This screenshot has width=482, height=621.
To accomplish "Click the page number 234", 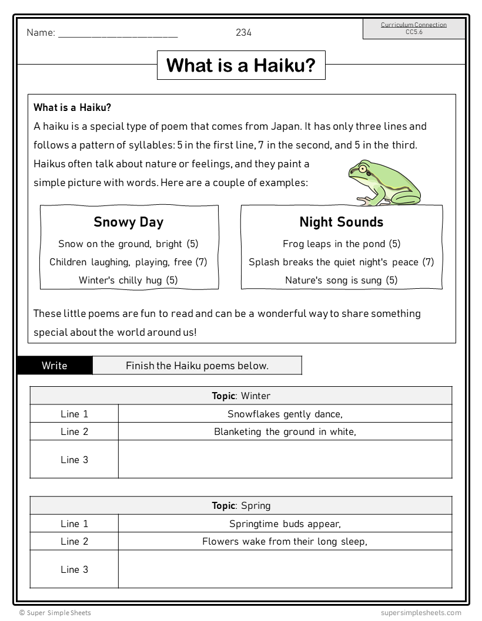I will click(x=243, y=33).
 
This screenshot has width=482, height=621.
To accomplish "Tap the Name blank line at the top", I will click(x=118, y=34).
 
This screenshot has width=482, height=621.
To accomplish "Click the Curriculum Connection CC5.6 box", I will click(x=413, y=28).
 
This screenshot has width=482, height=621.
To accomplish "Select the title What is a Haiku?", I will click(x=241, y=65).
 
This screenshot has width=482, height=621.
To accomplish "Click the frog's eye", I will click(x=363, y=170).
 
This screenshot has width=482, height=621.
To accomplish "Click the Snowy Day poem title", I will click(x=129, y=222).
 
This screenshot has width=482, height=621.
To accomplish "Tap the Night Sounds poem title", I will click(x=341, y=222).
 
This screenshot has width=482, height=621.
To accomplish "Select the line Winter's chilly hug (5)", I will click(x=128, y=280).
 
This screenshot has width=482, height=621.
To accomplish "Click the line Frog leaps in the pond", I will click(x=341, y=244).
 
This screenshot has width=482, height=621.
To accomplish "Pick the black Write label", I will click(x=55, y=366).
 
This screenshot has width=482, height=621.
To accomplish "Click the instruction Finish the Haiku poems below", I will click(x=197, y=366).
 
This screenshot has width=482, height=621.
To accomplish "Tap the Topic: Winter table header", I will click(x=241, y=396).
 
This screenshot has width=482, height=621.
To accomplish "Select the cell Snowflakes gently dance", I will click(x=285, y=414).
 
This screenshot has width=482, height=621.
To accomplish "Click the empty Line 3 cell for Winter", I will click(x=285, y=459).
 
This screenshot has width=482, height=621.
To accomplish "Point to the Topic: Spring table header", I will click(x=241, y=505).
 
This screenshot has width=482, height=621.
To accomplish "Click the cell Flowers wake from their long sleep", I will click(x=285, y=541).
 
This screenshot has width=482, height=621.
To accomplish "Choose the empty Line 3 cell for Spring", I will click(x=285, y=569).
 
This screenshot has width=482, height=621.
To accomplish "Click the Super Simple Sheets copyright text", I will click(x=55, y=613).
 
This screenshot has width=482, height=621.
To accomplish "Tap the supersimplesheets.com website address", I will click(x=420, y=613).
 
